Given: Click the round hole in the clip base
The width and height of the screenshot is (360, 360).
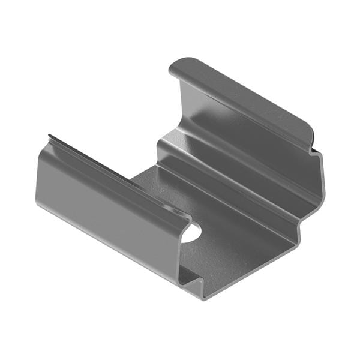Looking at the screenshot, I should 191,232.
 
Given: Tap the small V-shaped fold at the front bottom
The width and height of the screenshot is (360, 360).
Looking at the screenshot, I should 191,277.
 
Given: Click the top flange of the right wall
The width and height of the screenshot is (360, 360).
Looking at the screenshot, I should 240,96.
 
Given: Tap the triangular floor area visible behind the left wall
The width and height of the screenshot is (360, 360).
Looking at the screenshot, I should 150,180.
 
